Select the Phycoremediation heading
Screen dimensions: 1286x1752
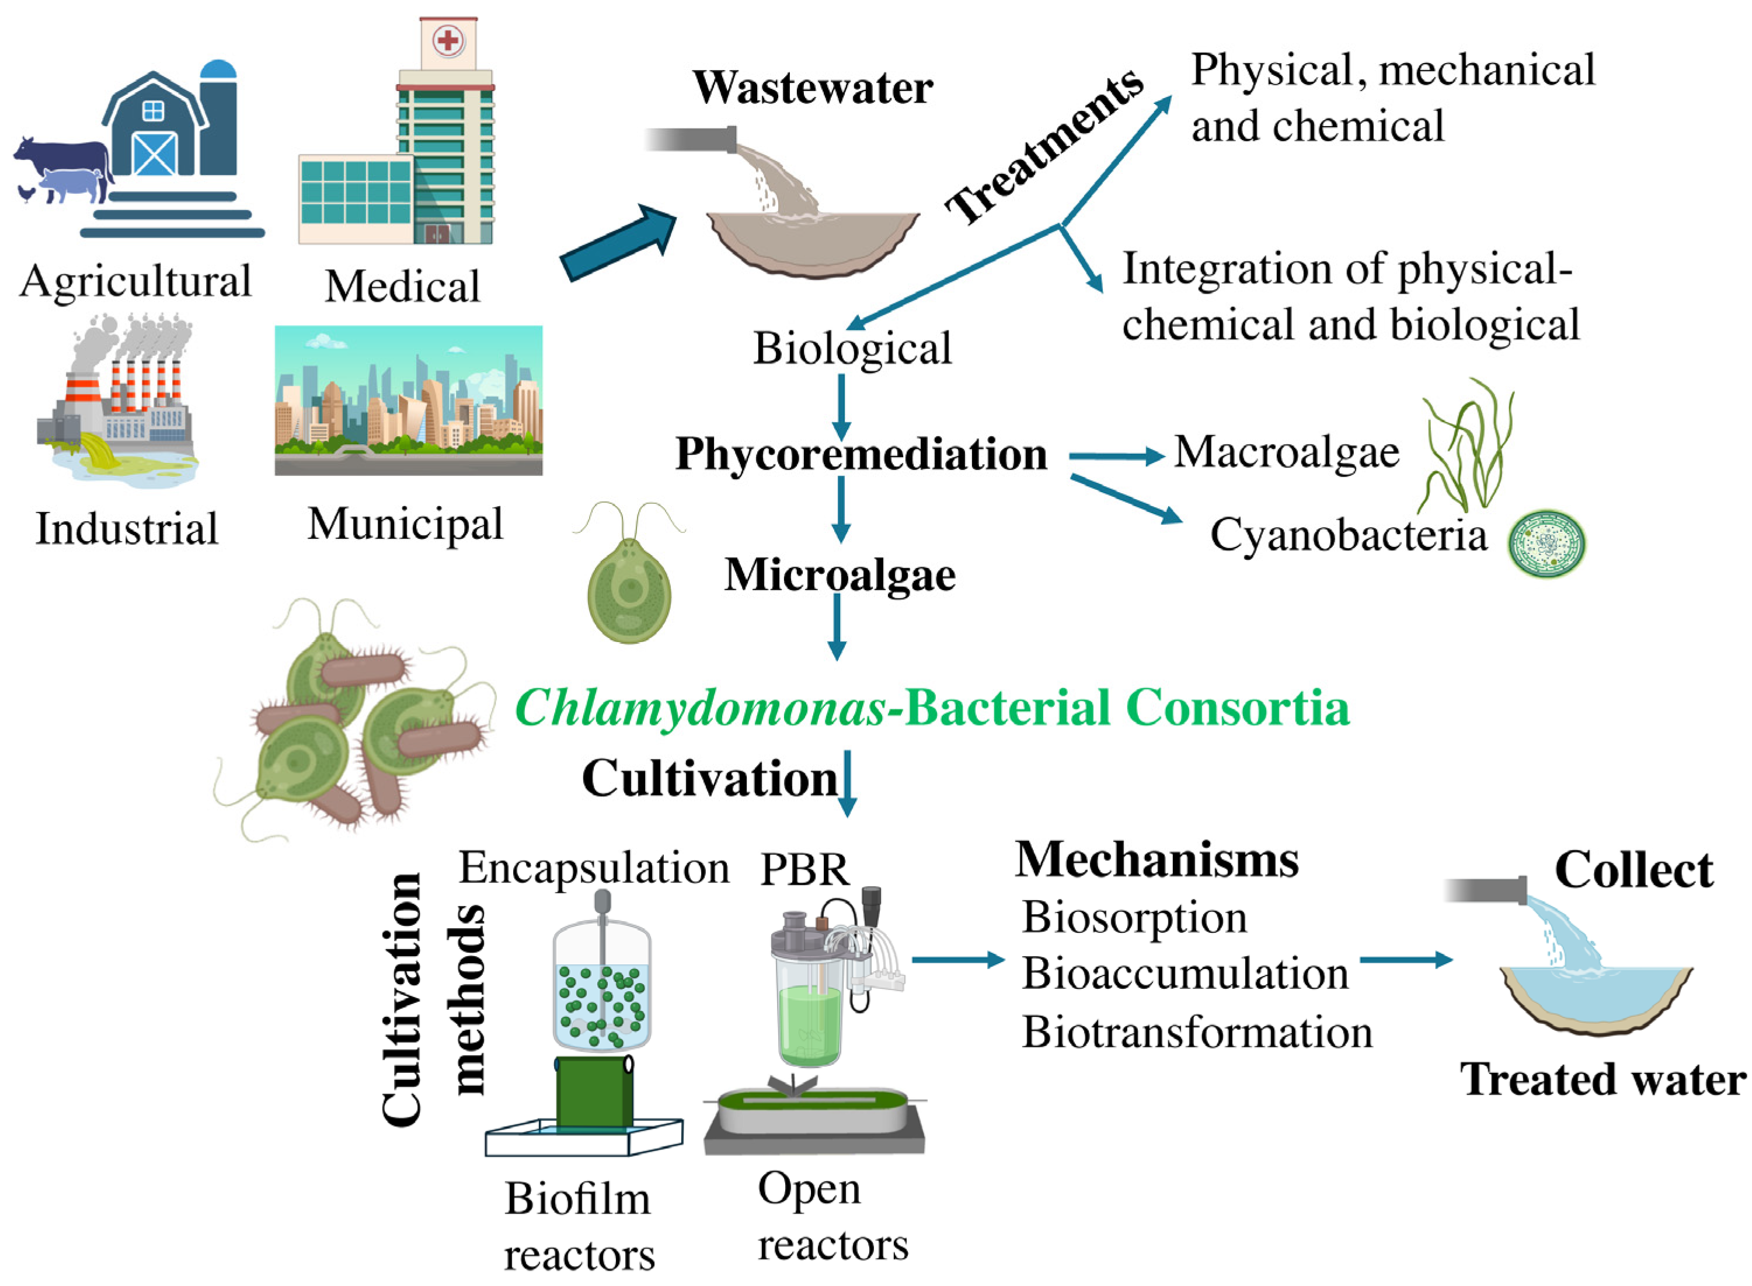[860, 453]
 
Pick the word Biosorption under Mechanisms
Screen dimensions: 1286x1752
[1133, 917]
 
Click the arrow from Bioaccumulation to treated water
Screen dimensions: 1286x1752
[1404, 959]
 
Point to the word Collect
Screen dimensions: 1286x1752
[1632, 870]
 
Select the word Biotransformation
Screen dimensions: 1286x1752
[1196, 1032]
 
